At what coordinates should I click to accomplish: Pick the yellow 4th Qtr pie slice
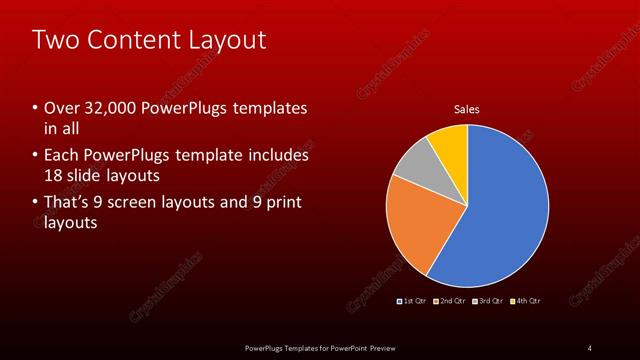451,145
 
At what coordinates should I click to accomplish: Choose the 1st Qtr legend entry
412,300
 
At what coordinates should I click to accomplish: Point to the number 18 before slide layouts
54,175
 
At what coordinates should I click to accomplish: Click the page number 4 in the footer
589,347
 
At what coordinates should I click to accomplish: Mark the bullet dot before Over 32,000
35,108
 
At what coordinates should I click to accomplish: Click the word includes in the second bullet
280,156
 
